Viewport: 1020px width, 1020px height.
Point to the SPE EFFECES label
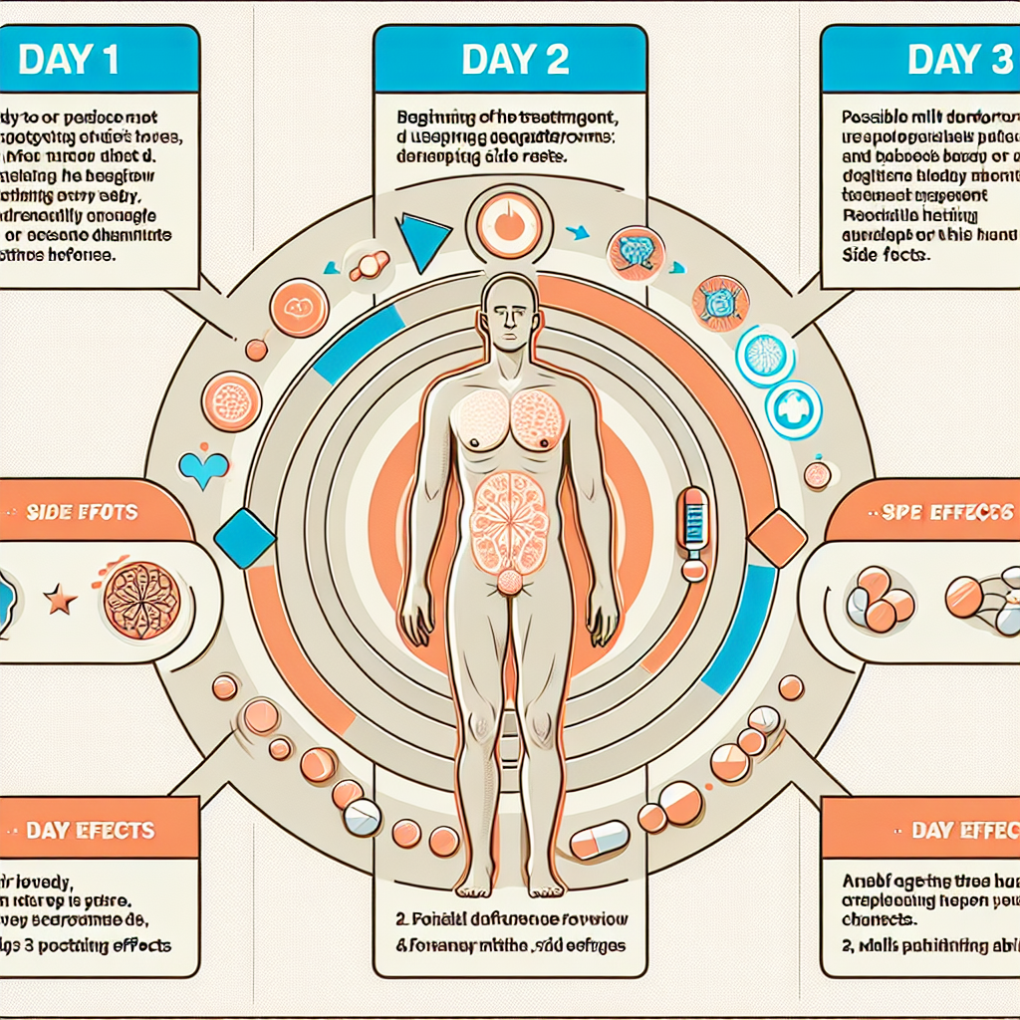point(946,512)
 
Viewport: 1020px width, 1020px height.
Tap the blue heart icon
point(203,468)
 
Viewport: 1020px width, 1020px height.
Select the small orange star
point(61,600)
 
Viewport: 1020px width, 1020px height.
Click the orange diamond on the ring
point(776,539)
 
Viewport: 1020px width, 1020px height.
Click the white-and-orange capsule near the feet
point(599,840)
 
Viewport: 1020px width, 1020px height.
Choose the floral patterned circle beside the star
point(141,599)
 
